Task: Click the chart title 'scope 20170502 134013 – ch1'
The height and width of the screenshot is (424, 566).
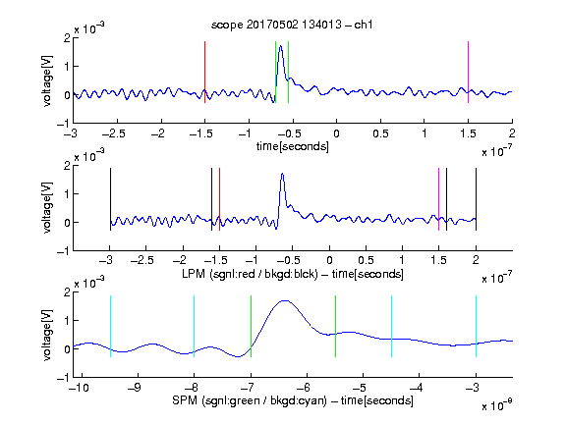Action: coord(292,25)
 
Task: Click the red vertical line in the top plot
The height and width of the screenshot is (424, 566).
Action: coord(204,72)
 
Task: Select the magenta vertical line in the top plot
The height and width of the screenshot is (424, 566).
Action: coord(468,72)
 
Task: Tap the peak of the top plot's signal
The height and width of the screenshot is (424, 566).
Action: coord(280,46)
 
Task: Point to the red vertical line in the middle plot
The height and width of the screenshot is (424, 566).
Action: coord(219,199)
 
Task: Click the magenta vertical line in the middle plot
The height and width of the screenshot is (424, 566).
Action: coord(438,199)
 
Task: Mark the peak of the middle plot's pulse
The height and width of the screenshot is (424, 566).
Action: coord(282,174)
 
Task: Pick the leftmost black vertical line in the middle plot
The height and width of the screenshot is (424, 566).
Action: coord(110,199)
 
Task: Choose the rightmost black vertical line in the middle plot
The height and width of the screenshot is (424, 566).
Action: coord(476,199)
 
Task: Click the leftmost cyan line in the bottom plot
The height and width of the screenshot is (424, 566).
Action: coord(110,326)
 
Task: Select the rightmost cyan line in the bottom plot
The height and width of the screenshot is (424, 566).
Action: coord(476,326)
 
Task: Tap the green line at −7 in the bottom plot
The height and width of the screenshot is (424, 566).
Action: coord(251,326)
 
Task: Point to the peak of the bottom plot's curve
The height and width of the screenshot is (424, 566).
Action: coord(285,300)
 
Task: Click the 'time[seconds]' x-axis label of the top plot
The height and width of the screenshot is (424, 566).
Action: coord(293,146)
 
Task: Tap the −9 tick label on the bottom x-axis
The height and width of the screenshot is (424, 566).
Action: coord(135,388)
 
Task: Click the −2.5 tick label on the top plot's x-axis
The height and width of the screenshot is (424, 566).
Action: coord(114,133)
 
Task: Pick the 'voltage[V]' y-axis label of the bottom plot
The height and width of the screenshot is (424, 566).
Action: coord(47,335)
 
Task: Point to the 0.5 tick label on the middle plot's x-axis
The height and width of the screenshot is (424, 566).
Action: coord(366,260)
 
